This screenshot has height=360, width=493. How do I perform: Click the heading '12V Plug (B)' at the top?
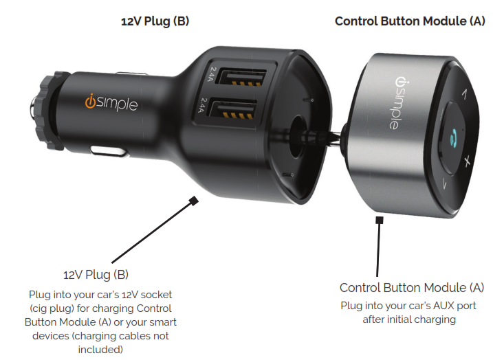click(x=155, y=21)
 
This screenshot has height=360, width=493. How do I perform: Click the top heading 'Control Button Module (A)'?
click(x=410, y=21)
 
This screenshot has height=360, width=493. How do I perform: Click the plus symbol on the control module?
click(x=467, y=161)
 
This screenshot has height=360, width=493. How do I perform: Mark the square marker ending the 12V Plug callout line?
click(x=193, y=201)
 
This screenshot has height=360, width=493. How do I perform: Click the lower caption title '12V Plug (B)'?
click(x=96, y=275)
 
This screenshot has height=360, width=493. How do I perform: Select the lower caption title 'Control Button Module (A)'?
click(x=411, y=287)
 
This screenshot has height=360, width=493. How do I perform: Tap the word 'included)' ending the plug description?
click(x=100, y=350)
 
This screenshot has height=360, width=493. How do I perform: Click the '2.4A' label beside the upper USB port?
click(x=212, y=73)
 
